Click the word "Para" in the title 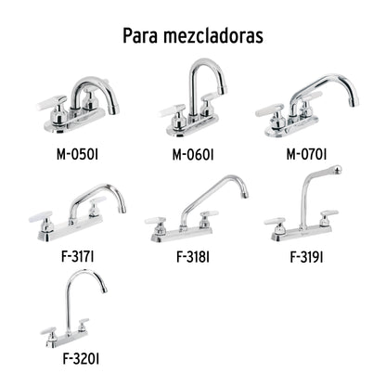(142, 35)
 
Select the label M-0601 (191, 153)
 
